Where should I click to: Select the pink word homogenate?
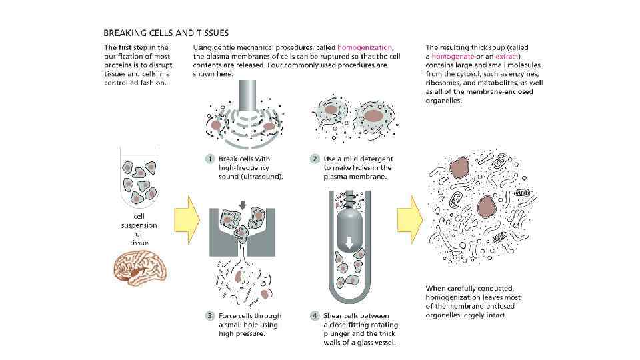tap(453, 57)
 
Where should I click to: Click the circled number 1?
tap(209, 159)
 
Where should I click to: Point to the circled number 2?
tap(315, 159)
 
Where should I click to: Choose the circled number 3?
tap(209, 316)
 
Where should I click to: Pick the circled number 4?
tap(315, 316)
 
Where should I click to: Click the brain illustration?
tap(141, 267)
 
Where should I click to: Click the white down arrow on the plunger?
tap(349, 251)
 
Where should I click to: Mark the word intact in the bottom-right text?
tap(495, 315)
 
